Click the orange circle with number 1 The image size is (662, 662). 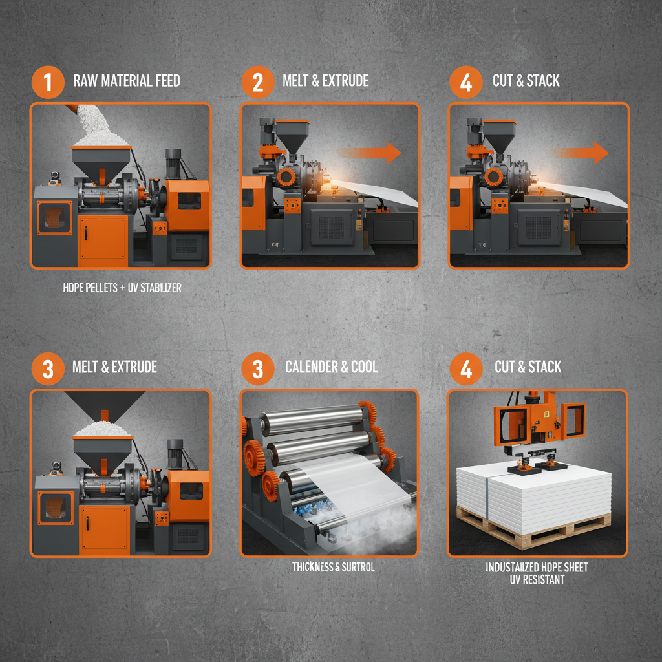(48, 82)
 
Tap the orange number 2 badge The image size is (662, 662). (257, 82)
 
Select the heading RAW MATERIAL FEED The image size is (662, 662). (127, 81)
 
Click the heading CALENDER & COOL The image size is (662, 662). (332, 367)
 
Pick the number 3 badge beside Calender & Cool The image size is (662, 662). (257, 368)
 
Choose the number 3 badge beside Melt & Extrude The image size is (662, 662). (48, 368)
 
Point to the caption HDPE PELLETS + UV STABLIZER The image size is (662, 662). (122, 288)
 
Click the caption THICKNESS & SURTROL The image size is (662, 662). (333, 567)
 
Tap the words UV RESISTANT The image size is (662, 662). (537, 580)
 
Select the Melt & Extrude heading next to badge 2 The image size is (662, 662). (326, 81)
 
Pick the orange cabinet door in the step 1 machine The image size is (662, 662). (103, 239)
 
